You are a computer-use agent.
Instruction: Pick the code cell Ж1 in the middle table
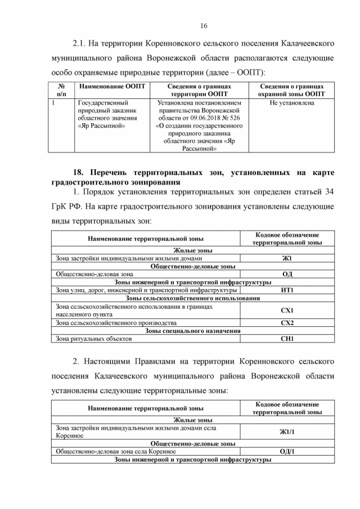click(287, 258)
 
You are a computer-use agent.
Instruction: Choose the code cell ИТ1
click(287, 290)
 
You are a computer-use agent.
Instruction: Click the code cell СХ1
click(287, 310)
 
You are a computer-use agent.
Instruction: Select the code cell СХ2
click(287, 323)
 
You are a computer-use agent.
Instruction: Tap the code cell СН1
click(287, 339)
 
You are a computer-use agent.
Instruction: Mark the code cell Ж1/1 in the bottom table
click(287, 431)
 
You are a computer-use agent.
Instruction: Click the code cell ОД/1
click(287, 452)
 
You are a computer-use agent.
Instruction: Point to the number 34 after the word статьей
click(327, 192)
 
